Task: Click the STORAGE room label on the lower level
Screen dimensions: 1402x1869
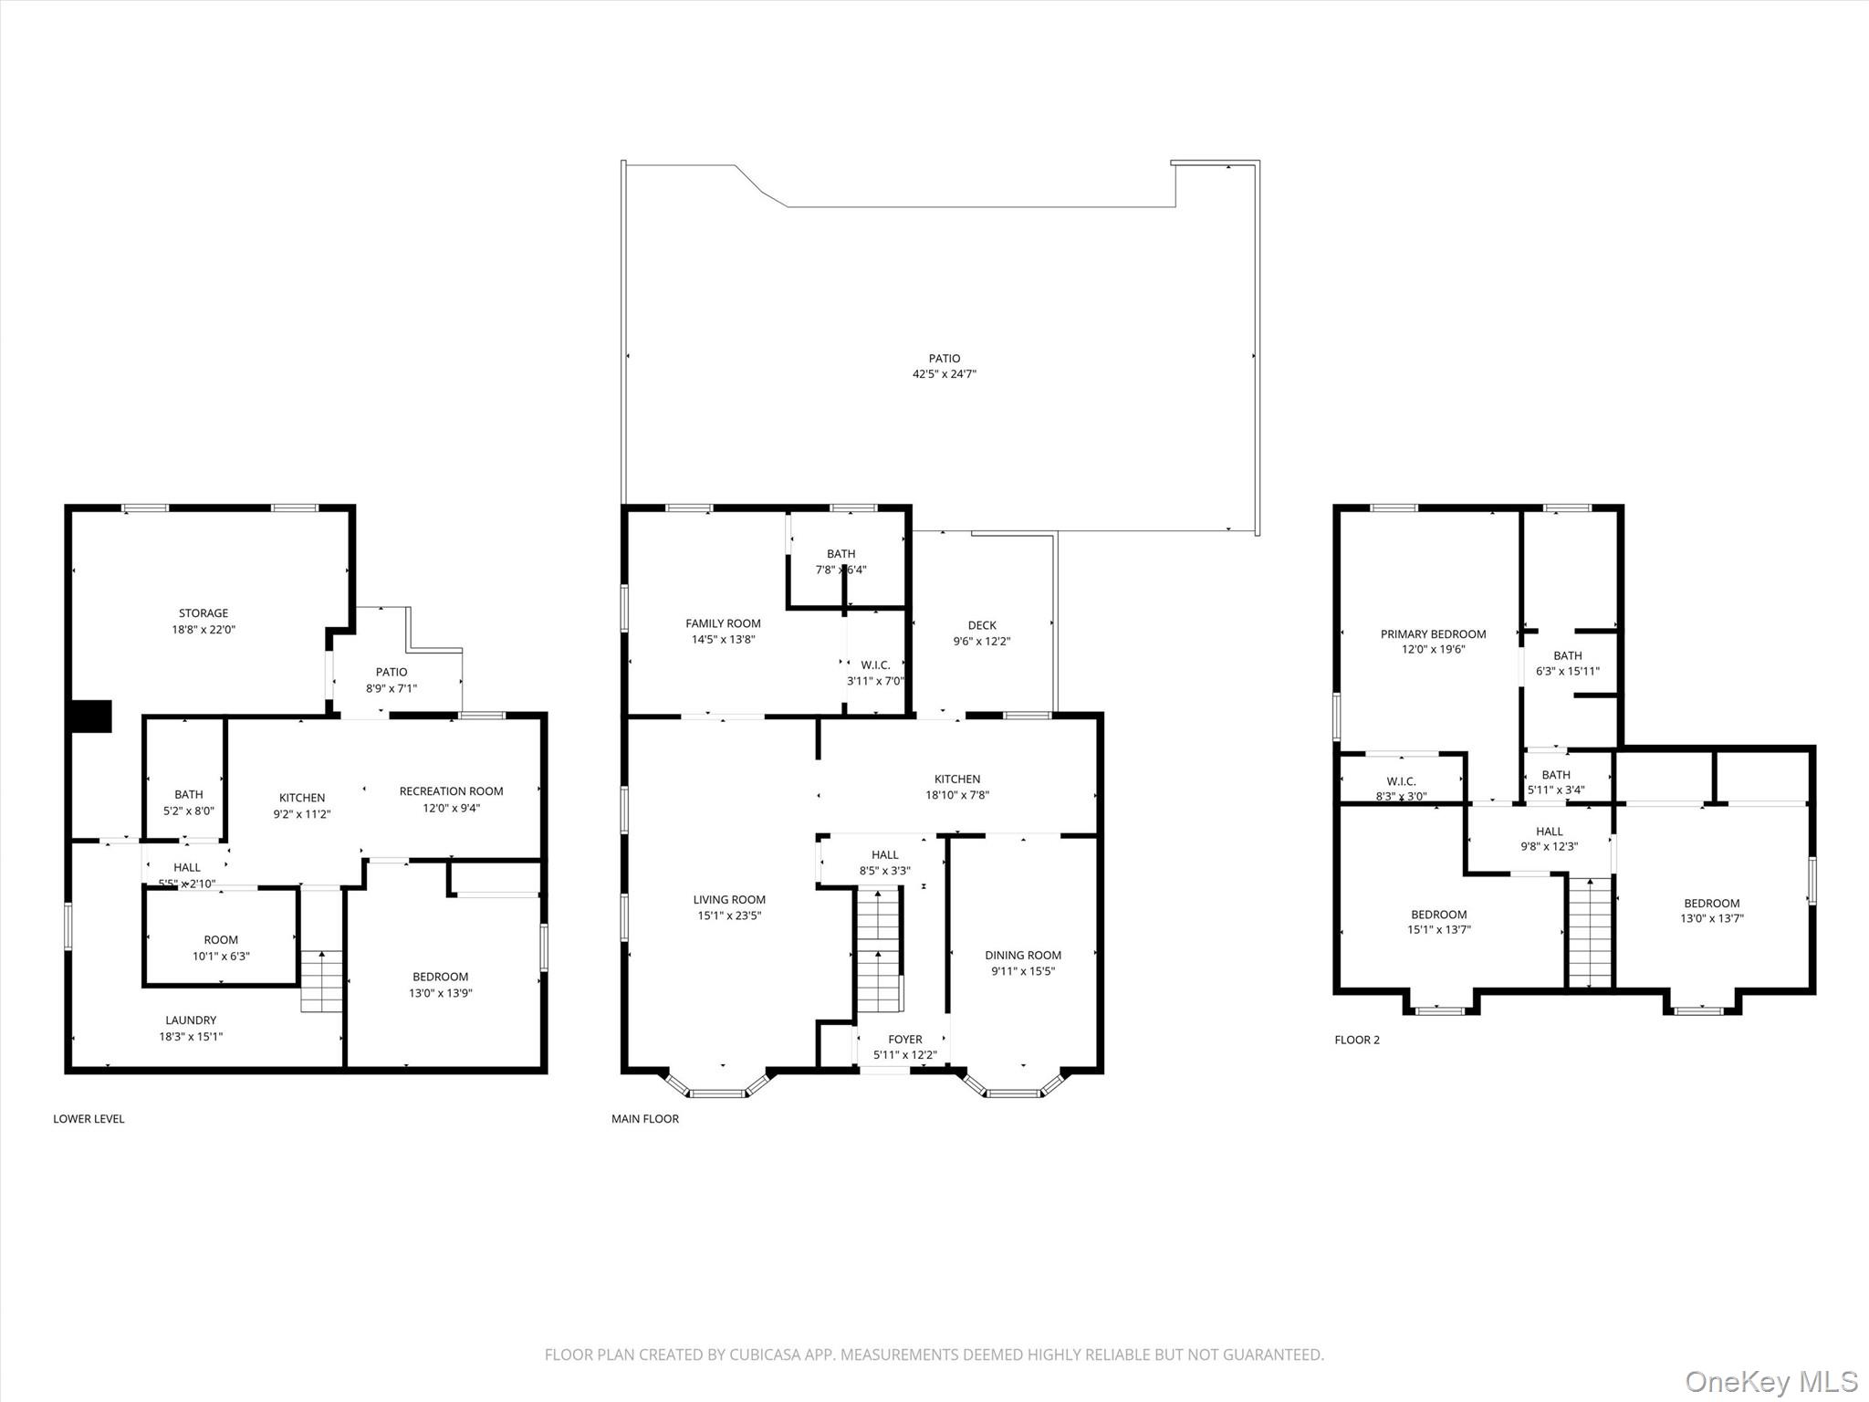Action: tap(204, 613)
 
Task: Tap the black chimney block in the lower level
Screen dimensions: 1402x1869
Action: tap(91, 717)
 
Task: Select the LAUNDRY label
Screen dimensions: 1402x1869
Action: tap(191, 1020)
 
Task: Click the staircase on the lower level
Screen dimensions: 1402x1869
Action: tap(322, 981)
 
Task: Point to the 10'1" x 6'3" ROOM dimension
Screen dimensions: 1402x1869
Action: tap(221, 957)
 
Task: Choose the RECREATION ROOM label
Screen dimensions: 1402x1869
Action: tap(451, 791)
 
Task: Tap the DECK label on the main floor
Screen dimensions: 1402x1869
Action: tap(982, 625)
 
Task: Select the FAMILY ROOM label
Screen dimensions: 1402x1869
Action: tap(723, 623)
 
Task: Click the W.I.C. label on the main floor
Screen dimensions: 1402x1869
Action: tap(875, 665)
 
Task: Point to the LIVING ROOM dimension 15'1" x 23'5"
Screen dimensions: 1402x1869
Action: tap(729, 915)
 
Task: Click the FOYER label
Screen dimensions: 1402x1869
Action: tap(905, 1040)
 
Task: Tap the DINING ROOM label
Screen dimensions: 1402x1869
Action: tap(1023, 956)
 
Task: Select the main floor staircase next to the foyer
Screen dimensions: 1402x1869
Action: tap(879, 949)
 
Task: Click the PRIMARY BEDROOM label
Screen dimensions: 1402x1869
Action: tap(1433, 634)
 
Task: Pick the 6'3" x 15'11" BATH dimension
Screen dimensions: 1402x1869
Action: tap(1568, 672)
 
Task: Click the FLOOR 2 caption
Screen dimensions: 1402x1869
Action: tap(1357, 1040)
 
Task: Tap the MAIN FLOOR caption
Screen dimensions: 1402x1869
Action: tap(645, 1119)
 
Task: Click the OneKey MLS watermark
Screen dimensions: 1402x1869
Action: tap(1770, 1381)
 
